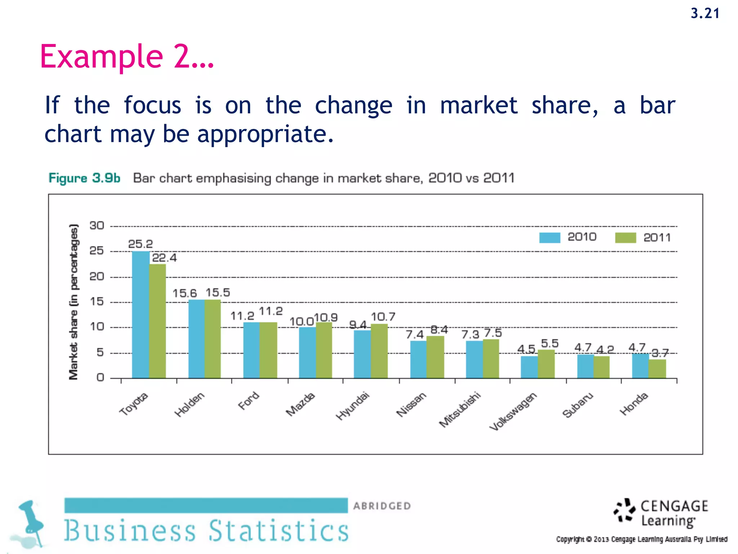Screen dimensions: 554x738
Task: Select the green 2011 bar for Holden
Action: pos(213,339)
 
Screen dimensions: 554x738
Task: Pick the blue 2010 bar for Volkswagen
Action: pos(529,367)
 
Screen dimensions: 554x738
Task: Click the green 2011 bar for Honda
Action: pos(657,369)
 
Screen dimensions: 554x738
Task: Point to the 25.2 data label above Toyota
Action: pos(141,244)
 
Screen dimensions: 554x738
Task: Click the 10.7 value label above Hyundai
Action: pos(383,317)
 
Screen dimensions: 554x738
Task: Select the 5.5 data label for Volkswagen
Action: pos(550,343)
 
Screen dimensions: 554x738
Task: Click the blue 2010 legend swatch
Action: pos(550,238)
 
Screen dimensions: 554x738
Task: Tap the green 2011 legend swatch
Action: pos(626,238)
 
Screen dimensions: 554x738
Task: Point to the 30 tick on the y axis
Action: pos(97,226)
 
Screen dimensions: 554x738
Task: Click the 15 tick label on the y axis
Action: pos(97,302)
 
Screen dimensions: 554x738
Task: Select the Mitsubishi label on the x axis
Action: pos(460,410)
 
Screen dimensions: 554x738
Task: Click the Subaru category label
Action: pos(577,405)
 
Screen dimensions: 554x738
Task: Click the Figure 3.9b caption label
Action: pos(84,178)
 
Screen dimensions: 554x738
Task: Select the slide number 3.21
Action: pos(705,14)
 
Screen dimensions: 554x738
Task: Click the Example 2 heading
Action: pos(127,56)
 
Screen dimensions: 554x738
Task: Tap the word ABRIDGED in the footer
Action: pos(382,506)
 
